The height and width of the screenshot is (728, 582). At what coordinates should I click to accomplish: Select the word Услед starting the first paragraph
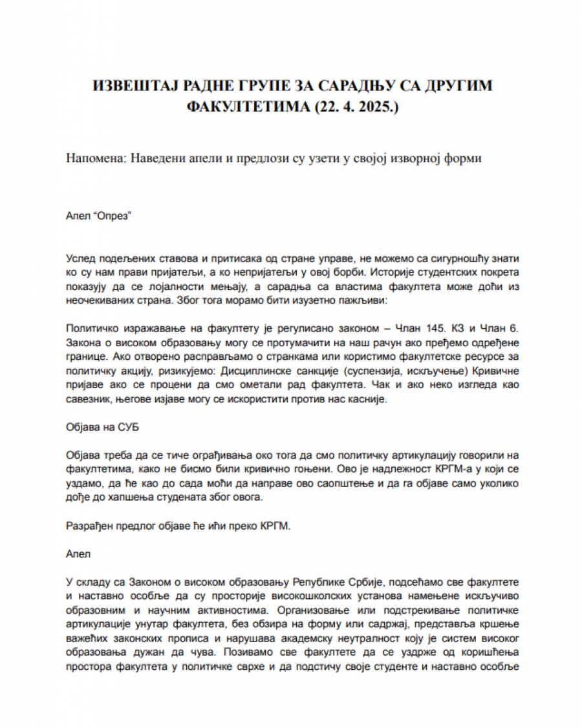coord(80,258)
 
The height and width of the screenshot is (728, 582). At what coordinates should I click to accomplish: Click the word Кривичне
coord(495,371)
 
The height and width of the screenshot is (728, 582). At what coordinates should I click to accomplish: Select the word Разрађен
coord(89,526)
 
